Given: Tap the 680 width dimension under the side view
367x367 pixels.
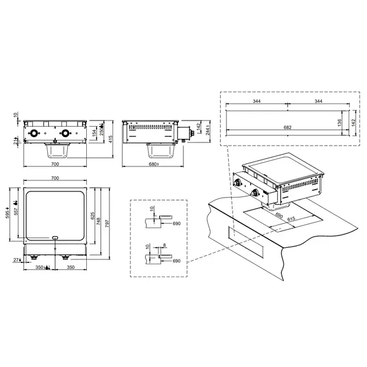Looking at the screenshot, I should pyautogui.click(x=154, y=165).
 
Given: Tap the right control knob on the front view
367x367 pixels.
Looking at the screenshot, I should pyautogui.click(x=64, y=134).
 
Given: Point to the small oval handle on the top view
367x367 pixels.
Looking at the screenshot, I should pyautogui.click(x=55, y=237).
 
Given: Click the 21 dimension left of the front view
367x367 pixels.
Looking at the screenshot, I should pyautogui.click(x=17, y=143).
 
